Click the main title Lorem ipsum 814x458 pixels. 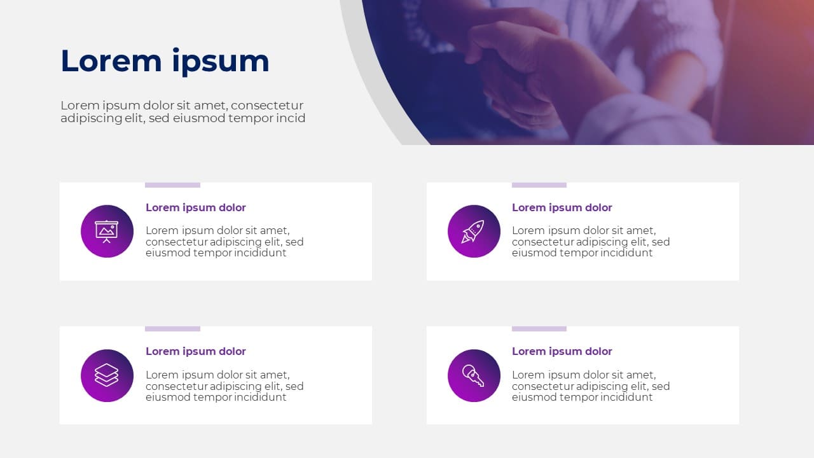pyautogui.click(x=165, y=61)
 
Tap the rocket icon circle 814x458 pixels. pyautogui.click(x=474, y=231)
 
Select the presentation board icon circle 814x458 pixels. pyautogui.click(x=107, y=231)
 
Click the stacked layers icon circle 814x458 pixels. pyautogui.click(x=107, y=375)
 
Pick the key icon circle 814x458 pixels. pyautogui.click(x=474, y=375)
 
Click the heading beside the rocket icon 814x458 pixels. pyautogui.click(x=562, y=207)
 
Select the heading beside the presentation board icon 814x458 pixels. pyautogui.click(x=195, y=207)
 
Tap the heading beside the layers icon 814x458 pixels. pyautogui.click(x=195, y=351)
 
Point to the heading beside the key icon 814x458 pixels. pyautogui.click(x=562, y=351)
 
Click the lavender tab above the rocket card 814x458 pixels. pyautogui.click(x=539, y=185)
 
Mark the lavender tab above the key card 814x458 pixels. pyautogui.click(x=539, y=329)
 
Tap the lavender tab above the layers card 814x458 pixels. pyautogui.click(x=172, y=329)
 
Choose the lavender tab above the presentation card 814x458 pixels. pyautogui.click(x=172, y=185)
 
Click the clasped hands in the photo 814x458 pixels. pyautogui.click(x=516, y=66)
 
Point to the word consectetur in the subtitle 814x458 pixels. pyautogui.click(x=266, y=106)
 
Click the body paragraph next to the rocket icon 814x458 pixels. pyautogui.click(x=591, y=242)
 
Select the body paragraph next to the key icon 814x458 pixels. pyautogui.click(x=591, y=386)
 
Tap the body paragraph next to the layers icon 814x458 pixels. pyautogui.click(x=224, y=386)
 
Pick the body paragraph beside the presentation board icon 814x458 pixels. pyautogui.click(x=224, y=242)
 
